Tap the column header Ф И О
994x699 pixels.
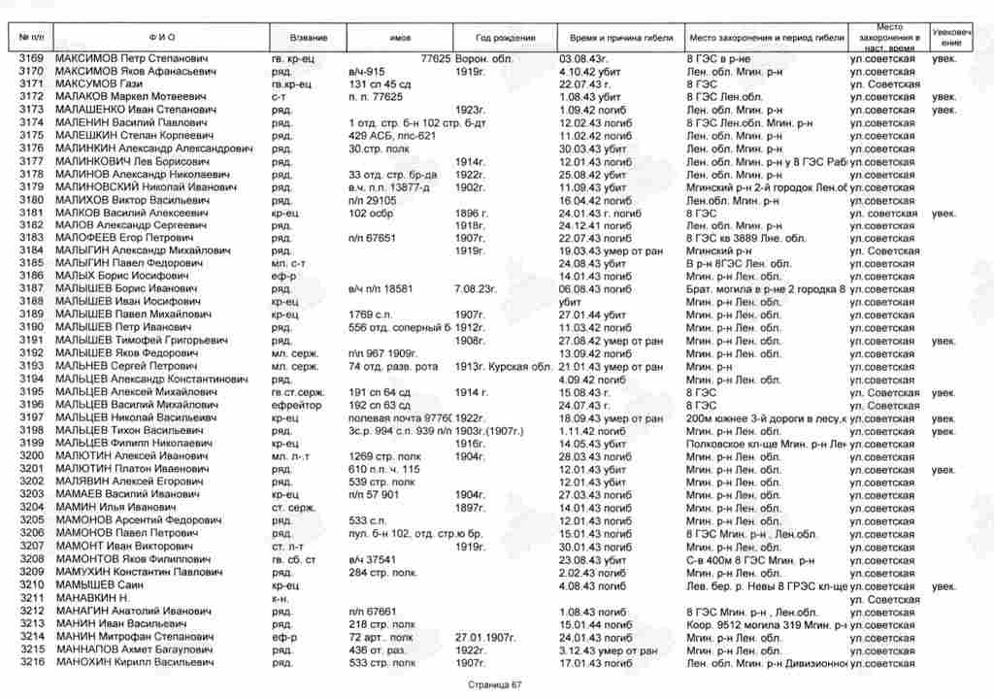coord(162,37)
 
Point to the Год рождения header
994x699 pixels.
coord(506,37)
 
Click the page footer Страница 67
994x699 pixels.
coord(495,684)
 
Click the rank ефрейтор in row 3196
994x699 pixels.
coord(295,404)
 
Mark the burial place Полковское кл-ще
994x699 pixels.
coord(738,443)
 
